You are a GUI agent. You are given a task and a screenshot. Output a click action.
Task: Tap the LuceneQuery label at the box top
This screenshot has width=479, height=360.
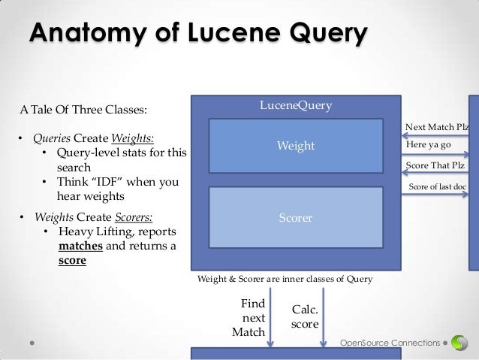click(295, 105)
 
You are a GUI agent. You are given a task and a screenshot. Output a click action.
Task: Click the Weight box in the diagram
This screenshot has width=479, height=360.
click(296, 146)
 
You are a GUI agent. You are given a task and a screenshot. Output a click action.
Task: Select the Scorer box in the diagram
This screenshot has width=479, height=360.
click(296, 218)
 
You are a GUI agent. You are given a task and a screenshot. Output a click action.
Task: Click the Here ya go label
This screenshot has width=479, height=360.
click(428, 144)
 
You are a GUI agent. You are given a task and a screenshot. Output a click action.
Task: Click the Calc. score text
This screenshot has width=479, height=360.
click(304, 316)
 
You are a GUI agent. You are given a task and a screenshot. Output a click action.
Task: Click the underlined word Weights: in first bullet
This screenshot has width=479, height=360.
click(133, 139)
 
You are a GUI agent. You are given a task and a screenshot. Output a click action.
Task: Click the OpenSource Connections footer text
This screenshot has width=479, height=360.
click(390, 343)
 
